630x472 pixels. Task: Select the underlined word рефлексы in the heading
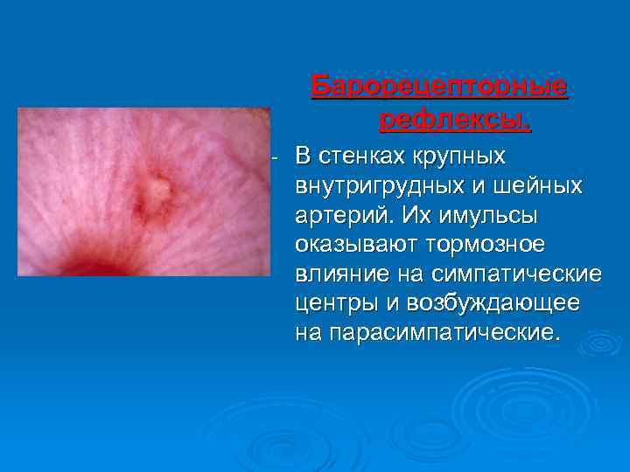pyautogui.click(x=453, y=120)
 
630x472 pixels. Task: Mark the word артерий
pyautogui.click(x=337, y=215)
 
